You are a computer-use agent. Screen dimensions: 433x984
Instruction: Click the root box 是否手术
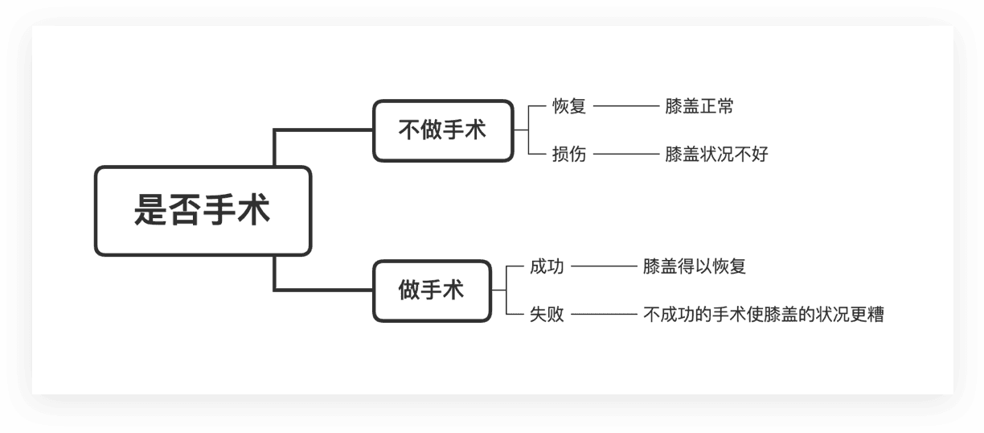pos(203,211)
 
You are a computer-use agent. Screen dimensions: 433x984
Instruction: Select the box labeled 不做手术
pos(443,130)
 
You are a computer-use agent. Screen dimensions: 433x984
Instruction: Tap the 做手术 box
pos(432,291)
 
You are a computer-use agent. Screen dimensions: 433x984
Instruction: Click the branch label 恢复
pos(569,106)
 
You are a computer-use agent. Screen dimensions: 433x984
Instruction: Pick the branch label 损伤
pos(569,154)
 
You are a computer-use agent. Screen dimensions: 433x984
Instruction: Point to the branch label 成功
pos(547,266)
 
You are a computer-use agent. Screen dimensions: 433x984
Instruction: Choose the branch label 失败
pos(547,315)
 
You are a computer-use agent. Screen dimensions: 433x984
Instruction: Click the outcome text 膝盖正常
pos(699,106)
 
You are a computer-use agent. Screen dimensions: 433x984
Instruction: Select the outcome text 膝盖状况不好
pos(716,154)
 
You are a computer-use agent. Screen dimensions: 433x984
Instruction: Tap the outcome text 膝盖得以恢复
pos(694,266)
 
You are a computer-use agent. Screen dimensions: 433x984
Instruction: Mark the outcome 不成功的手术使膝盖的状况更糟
pos(763,315)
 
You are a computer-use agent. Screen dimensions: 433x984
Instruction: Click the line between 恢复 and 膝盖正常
pos(625,106)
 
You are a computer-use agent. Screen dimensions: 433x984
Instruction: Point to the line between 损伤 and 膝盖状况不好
pos(625,154)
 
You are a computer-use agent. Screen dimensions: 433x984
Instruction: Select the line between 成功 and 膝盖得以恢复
pos(603,266)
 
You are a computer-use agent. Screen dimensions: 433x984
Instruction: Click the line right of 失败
pos(603,315)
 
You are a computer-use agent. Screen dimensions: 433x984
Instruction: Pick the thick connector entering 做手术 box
pos(322,290)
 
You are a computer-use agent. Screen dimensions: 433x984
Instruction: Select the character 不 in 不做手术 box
pos(410,130)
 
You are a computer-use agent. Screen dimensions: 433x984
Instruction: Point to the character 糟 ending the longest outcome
pos(875,315)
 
